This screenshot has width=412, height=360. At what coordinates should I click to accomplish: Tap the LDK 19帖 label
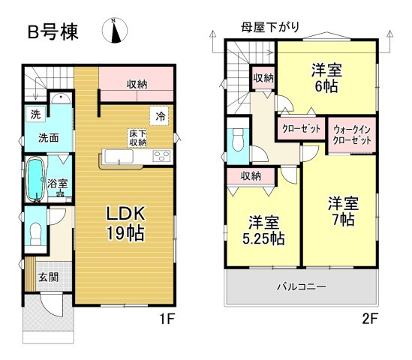point(123,222)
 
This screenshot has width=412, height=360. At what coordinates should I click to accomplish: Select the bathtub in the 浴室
point(35,180)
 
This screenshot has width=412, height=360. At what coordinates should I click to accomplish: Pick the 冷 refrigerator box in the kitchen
point(160,115)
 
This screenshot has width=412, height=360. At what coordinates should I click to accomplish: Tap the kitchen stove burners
point(162,156)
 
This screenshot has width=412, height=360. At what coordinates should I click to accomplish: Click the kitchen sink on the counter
point(119,156)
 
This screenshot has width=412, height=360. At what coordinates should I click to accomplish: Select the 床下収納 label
point(137,138)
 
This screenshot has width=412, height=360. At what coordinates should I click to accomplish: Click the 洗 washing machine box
point(35,115)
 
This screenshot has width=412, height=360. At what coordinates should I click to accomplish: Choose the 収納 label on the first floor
point(136,83)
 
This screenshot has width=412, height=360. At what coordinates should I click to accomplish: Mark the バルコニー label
point(300,286)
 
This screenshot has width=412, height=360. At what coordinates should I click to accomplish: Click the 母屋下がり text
point(270,27)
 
